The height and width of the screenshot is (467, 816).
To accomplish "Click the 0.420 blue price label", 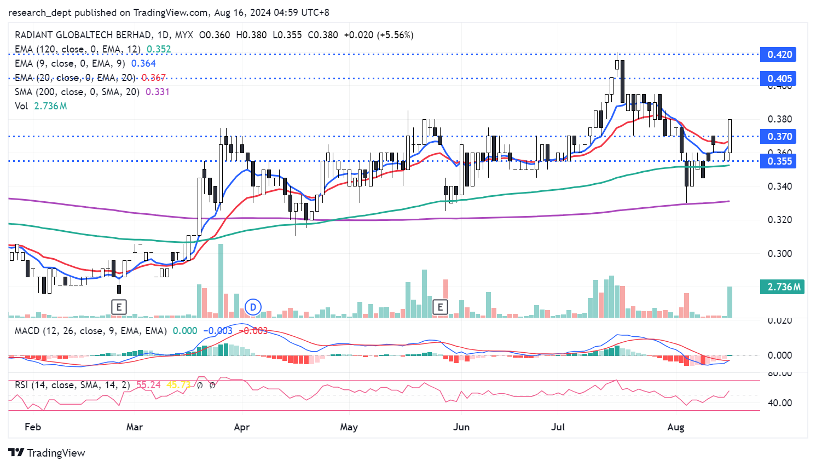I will (x=779, y=55).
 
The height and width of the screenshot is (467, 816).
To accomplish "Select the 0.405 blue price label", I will (x=779, y=79).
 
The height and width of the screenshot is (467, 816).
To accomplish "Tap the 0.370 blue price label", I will (x=779, y=137).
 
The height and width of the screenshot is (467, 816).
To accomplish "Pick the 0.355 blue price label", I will (x=779, y=161).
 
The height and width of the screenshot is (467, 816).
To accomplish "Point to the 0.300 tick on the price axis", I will (x=779, y=254).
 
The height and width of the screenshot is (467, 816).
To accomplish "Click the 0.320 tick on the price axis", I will (x=779, y=220).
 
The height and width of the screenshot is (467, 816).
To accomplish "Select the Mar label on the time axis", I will (x=134, y=427).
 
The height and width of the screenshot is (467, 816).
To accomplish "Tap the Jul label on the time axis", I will (x=558, y=427).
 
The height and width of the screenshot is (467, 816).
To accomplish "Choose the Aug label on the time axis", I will (x=676, y=427).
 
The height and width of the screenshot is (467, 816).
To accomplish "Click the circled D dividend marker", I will (x=253, y=307).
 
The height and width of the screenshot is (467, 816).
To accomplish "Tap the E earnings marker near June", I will (x=440, y=307).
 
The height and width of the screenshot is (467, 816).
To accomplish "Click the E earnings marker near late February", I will (x=119, y=307).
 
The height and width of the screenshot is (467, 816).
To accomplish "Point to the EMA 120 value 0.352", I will (x=159, y=49).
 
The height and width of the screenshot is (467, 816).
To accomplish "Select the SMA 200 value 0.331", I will (x=158, y=92).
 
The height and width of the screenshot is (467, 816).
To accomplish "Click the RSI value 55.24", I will (x=148, y=385).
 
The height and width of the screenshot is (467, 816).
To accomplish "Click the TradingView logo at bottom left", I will (x=47, y=453).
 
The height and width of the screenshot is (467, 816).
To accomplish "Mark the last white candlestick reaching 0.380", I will (x=730, y=136).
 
